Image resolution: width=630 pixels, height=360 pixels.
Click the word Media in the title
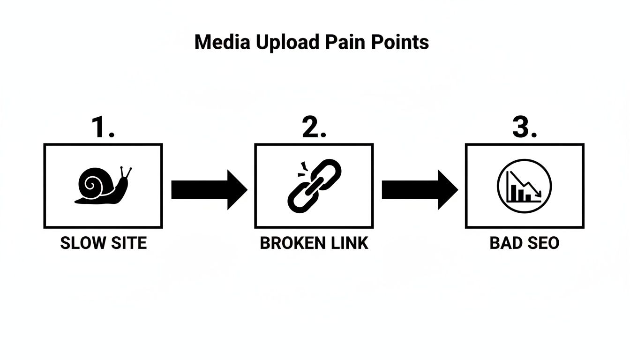223,42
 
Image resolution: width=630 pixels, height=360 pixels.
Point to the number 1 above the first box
99,127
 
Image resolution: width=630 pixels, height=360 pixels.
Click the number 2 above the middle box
311,127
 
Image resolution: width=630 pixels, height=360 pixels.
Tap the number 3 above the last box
521,127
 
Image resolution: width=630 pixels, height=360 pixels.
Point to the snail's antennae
125,172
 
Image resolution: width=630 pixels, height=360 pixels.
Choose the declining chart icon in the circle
524,186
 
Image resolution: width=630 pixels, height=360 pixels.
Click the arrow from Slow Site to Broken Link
209,190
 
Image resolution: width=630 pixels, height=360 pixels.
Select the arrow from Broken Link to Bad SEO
419,190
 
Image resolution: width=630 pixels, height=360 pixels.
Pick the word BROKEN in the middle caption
291,243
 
